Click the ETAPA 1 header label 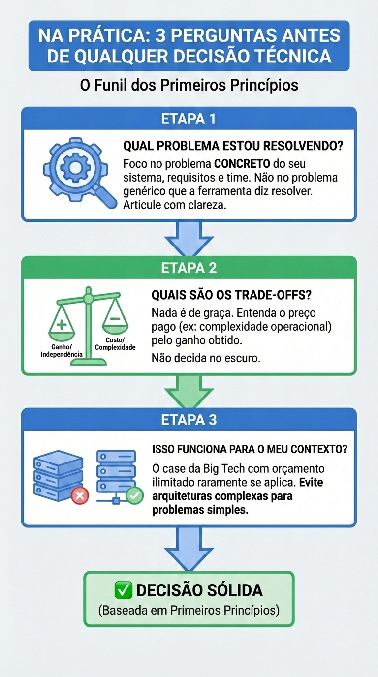pos(189,119)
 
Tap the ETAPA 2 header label pos(189,268)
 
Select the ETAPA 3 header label pos(189,420)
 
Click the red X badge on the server pos(80,495)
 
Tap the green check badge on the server pos(134,495)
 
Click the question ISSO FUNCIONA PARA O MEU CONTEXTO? pos(250,449)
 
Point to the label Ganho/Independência pos(61,351)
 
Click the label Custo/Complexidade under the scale pos(115,344)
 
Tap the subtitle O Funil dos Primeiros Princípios pos(189,85)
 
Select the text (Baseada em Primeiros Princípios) pos(189,611)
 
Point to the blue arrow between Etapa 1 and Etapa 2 pos(189,238)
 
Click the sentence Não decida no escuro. pos(206,358)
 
